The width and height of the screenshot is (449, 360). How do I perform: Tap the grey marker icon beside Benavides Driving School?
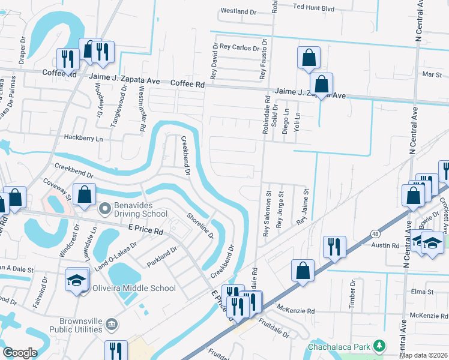(104, 209)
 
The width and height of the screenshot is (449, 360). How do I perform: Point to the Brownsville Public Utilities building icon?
(112, 325)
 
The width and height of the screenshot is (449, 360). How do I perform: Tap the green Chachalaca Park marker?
(379, 346)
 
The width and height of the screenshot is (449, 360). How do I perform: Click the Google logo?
(20, 353)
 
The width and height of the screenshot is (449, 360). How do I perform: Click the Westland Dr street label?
(238, 11)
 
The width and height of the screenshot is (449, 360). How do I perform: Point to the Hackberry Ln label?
(83, 138)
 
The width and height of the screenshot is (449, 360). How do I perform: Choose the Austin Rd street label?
(385, 245)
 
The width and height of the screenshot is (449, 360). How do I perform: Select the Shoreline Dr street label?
(200, 226)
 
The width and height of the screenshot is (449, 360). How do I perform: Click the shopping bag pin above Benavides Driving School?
(85, 194)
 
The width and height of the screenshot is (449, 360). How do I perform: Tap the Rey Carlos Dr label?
(239, 47)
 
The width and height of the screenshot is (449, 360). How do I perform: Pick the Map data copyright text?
(423, 355)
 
